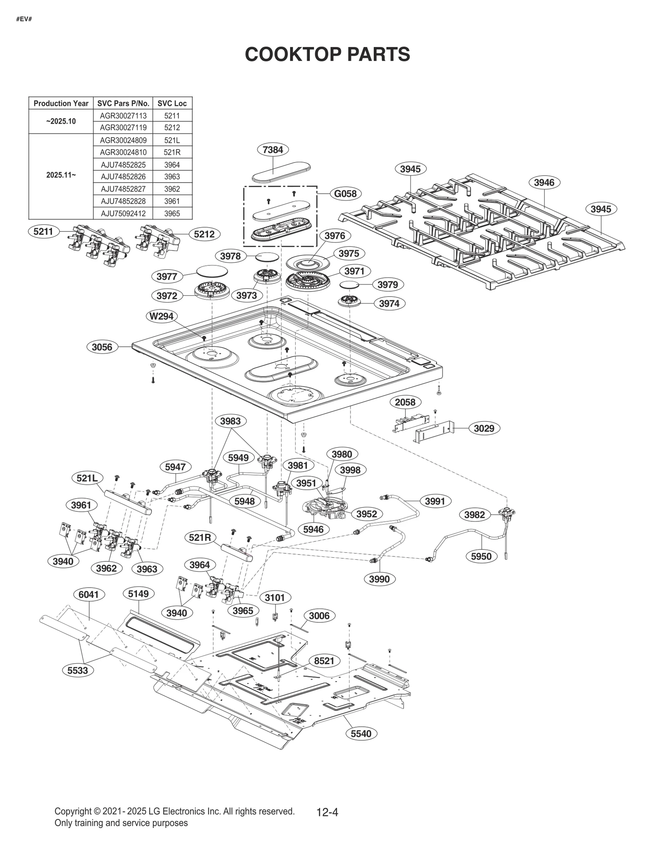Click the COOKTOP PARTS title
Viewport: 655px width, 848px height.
pos(327,54)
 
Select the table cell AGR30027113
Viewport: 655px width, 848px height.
pos(123,115)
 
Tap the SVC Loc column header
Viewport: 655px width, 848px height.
pos(172,103)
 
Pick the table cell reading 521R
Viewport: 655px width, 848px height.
pos(172,152)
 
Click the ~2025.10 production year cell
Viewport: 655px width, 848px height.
pos(61,121)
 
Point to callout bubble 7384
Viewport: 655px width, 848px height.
pos(273,149)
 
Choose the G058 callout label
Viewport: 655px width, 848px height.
pos(345,193)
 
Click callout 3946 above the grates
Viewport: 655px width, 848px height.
pos(544,182)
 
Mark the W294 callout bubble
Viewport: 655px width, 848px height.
pos(162,316)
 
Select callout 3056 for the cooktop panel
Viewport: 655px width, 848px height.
pos(102,347)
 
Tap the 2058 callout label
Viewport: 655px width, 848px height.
pos(405,402)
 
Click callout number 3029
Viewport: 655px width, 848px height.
pos(484,428)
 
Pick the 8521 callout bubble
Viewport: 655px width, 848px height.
pos(324,660)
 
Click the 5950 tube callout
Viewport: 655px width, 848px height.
pos(481,556)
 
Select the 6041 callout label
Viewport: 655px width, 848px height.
pos(89,594)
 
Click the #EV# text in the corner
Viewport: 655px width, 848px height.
pos(24,19)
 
